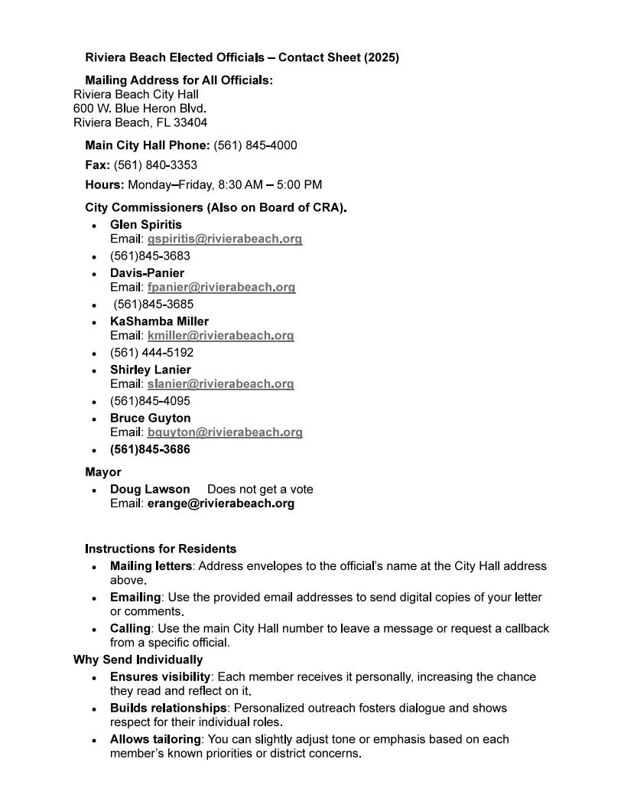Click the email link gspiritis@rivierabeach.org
(225, 239)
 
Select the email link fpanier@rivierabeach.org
(221, 287)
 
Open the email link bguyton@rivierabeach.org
(225, 432)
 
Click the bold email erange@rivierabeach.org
(220, 503)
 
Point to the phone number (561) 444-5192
(151, 353)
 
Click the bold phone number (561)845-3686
(150, 450)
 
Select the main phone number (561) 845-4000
(255, 145)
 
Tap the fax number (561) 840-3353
(155, 165)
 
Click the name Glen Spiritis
(146, 225)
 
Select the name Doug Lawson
(150, 489)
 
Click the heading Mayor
(103, 472)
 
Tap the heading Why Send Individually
(138, 660)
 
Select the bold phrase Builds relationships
(168, 708)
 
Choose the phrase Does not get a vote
(260, 489)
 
